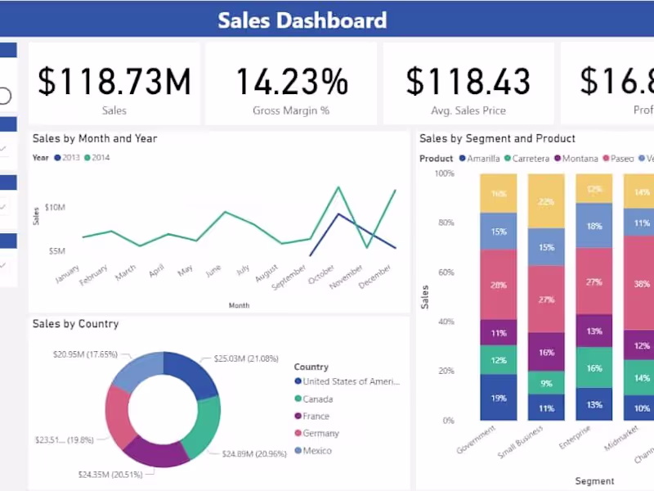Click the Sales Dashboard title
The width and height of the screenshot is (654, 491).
click(x=302, y=20)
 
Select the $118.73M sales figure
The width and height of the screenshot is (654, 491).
click(x=114, y=81)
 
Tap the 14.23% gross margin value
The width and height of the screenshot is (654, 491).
click(x=291, y=81)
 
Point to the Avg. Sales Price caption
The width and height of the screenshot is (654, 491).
click(x=468, y=110)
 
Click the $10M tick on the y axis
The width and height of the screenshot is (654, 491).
click(x=55, y=208)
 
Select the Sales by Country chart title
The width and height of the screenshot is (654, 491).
click(x=75, y=324)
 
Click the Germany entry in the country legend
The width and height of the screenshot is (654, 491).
click(x=320, y=433)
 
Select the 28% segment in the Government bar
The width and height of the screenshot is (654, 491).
click(x=498, y=284)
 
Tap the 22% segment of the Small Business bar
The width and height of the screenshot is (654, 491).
click(x=546, y=202)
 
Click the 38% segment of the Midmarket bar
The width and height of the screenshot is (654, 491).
click(x=642, y=284)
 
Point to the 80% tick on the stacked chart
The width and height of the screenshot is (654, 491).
click(x=445, y=223)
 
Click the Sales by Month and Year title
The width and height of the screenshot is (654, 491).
click(x=95, y=139)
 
